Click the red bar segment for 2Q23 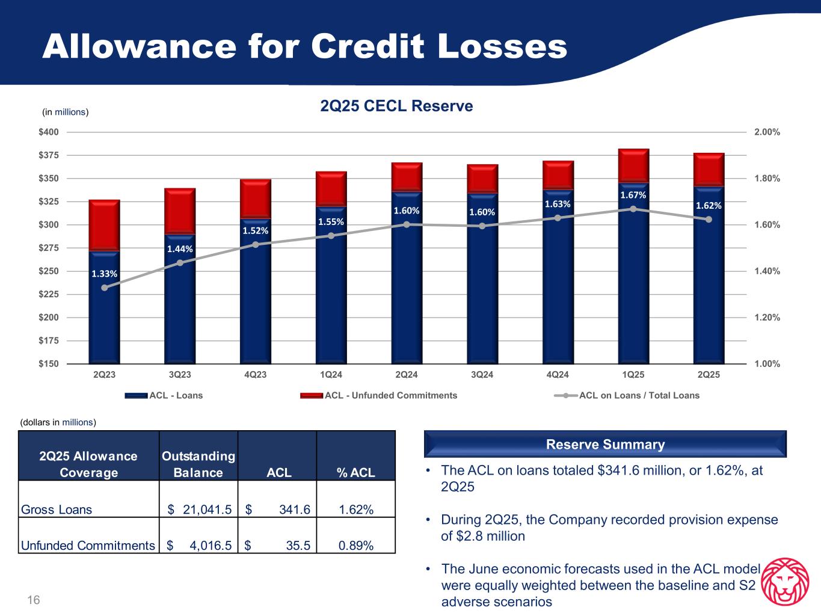(x=104, y=224)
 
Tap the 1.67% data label (x=633, y=196)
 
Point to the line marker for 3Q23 (x=180, y=262)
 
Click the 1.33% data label (x=104, y=274)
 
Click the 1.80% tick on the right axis (x=767, y=179)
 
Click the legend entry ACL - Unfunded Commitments (x=390, y=395)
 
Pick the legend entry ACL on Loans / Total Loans (x=639, y=395)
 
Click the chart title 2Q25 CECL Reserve (x=396, y=106)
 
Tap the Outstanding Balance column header (x=198, y=464)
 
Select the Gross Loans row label (x=57, y=510)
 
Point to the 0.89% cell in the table (x=355, y=546)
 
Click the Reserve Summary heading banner (x=605, y=445)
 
